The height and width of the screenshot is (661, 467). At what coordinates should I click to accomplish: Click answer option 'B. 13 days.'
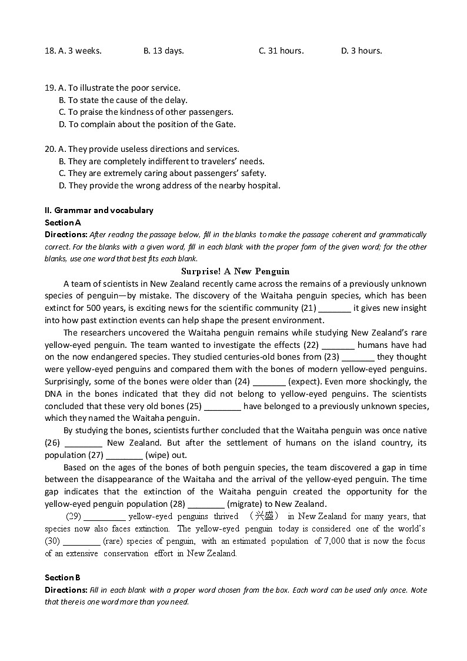point(164,51)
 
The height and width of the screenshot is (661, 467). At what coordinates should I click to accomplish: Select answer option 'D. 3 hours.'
point(361,51)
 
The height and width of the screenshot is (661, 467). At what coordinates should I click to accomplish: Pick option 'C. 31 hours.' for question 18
point(281,51)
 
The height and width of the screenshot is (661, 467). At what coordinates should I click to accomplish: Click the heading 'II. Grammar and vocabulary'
point(99,210)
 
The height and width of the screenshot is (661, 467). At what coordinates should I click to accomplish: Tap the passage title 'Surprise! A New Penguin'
point(235,271)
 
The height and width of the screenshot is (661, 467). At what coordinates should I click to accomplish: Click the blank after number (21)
point(335,308)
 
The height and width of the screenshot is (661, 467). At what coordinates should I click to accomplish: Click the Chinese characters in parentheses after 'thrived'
point(263,516)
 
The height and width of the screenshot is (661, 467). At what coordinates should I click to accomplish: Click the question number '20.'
point(51,149)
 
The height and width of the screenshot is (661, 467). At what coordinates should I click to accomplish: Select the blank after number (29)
point(105,517)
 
